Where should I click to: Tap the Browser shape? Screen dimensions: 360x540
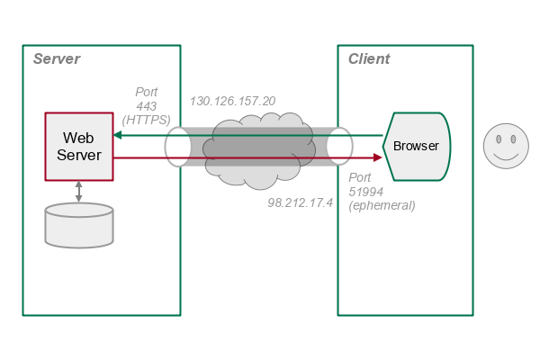pos(416,146)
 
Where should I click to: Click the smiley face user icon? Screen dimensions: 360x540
pos(505,147)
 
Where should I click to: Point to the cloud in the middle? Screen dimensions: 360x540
pos(259,148)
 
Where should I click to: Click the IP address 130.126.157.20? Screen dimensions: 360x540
pos(232,101)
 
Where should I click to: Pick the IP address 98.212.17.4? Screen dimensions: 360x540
pos(301,203)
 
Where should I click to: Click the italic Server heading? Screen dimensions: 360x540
pos(56,59)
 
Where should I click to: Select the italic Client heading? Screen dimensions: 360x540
pos(369,59)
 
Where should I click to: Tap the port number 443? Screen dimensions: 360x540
pos(146,105)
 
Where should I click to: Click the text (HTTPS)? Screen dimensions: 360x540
pos(146,119)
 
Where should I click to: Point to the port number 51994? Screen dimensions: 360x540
pos(366,191)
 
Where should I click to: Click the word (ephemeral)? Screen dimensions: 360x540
pos(382,205)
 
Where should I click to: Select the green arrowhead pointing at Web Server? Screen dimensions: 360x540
pos(119,135)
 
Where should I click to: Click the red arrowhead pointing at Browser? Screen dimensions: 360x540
pos(377,157)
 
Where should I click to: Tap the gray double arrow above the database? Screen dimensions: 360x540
pos(79,190)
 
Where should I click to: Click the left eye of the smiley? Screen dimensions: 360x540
pos(497,139)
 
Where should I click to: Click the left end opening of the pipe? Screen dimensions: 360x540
pos(177,147)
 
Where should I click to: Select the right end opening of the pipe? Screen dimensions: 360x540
pos(339,147)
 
